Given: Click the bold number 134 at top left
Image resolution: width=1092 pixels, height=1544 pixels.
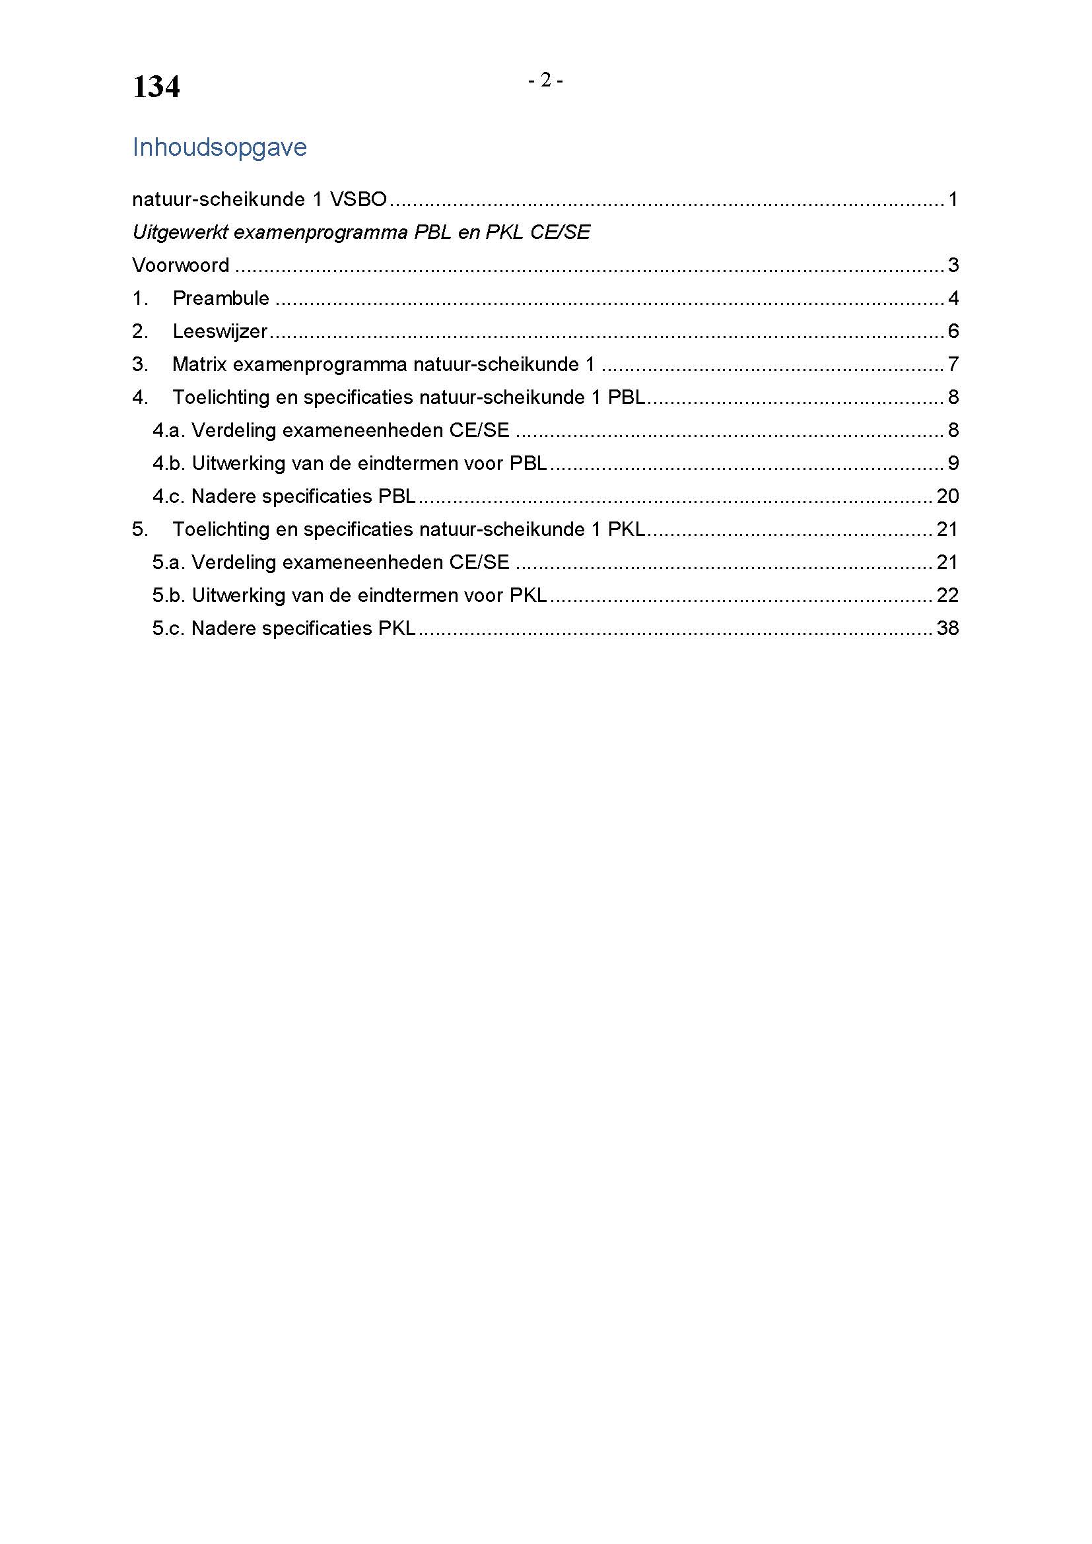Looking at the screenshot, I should [x=156, y=87].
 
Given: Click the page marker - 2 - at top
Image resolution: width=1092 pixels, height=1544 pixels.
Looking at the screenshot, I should [x=545, y=81].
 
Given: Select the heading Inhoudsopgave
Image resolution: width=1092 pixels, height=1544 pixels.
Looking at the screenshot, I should [x=219, y=147].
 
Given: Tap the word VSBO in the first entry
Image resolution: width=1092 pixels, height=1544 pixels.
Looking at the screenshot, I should [x=358, y=199].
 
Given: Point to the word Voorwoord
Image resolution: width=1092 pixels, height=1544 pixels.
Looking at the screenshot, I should [x=180, y=265].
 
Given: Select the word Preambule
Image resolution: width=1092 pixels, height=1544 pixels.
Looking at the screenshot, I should [x=221, y=298].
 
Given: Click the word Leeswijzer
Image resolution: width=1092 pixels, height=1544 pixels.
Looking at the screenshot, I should [x=220, y=331].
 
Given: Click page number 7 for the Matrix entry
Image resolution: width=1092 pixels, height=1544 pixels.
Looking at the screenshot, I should [x=953, y=364].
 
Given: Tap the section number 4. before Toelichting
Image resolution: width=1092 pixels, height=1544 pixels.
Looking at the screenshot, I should [x=140, y=397].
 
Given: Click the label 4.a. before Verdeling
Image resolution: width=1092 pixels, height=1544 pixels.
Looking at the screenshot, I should [x=168, y=430].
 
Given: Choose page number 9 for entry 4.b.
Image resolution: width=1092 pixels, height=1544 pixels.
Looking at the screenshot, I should [x=953, y=463].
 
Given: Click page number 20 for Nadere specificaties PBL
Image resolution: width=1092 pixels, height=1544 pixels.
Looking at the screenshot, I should [x=947, y=496].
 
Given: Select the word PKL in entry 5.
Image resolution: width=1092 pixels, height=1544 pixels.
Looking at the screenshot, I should [x=626, y=529].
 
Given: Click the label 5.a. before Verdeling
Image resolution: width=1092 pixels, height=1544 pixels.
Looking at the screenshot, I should [x=168, y=562].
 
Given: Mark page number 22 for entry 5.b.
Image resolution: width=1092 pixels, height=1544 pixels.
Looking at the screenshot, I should [x=947, y=595].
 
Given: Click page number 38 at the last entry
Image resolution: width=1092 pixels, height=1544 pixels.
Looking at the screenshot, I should [x=947, y=628].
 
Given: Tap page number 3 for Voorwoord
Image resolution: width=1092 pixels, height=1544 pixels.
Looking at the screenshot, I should [x=953, y=265].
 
